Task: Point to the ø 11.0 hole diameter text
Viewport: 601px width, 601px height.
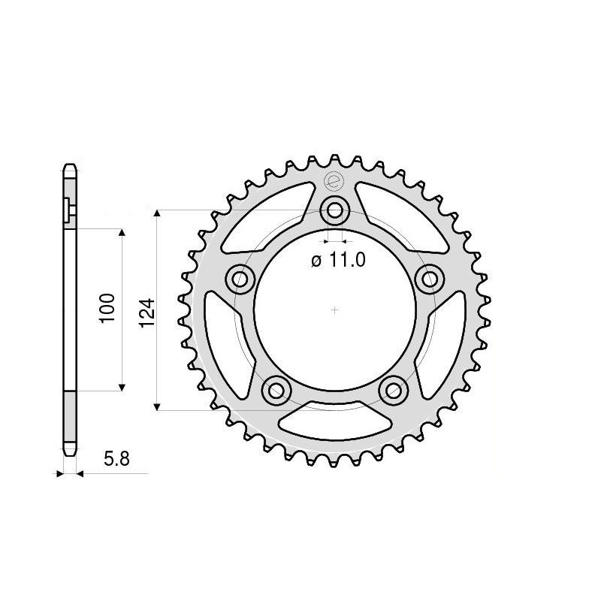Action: (337, 261)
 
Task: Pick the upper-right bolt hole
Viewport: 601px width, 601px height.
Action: (430, 279)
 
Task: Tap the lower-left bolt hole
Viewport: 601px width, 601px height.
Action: (276, 389)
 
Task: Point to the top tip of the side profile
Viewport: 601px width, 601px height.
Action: (69, 165)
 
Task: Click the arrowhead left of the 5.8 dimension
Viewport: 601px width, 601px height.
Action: (59, 474)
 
